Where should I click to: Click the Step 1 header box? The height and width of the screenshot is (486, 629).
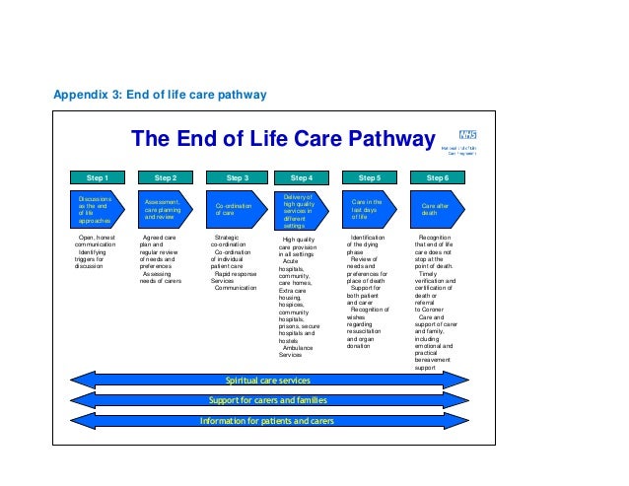(x=98, y=177)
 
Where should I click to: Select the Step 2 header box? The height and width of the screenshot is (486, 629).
(x=167, y=177)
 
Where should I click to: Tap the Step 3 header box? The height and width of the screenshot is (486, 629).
(x=237, y=177)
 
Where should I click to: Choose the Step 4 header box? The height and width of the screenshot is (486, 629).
(x=302, y=177)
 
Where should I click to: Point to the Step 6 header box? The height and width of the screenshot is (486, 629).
(x=437, y=177)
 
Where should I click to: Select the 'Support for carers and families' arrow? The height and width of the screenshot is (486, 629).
(x=268, y=400)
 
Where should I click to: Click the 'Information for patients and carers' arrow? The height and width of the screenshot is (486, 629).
(x=268, y=421)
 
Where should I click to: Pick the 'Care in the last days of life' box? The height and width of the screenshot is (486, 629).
(x=369, y=209)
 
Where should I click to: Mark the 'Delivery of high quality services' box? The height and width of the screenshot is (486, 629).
(x=300, y=211)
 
